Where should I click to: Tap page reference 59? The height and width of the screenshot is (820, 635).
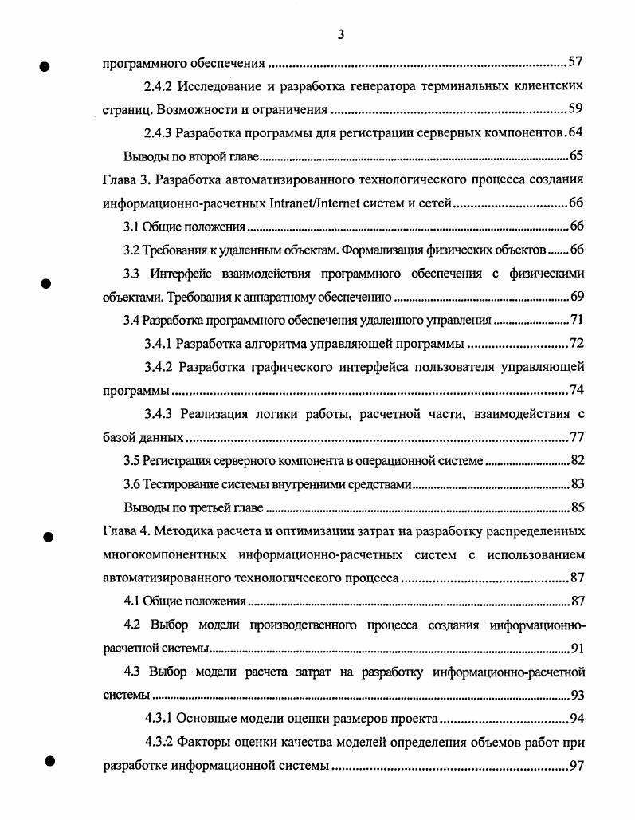(x=578, y=109)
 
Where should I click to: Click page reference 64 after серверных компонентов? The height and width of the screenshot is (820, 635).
(x=578, y=132)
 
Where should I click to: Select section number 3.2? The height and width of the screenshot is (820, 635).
(x=132, y=250)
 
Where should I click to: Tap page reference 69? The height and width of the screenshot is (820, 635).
(x=578, y=298)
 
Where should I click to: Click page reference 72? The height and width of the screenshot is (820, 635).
(x=578, y=345)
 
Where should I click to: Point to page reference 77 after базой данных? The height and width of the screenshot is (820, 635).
(x=578, y=438)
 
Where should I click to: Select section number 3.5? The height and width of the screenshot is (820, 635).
(x=132, y=461)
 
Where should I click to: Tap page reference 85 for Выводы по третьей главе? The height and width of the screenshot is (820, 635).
(x=578, y=508)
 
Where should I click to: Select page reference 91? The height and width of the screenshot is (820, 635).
(x=578, y=649)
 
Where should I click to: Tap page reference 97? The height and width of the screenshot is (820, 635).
(x=578, y=767)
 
